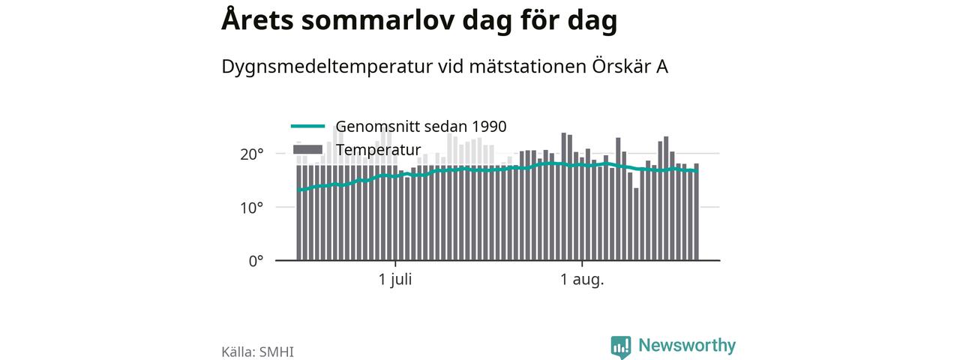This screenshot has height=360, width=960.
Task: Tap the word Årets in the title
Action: pyautogui.click(x=257, y=19)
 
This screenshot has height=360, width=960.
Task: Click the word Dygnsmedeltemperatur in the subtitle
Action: pyautogui.click(x=326, y=67)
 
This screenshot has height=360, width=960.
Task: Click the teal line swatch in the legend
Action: pyautogui.click(x=307, y=126)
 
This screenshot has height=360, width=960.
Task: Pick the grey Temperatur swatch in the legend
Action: pyautogui.click(x=307, y=149)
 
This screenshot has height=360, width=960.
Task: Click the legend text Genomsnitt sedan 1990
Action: pyautogui.click(x=421, y=127)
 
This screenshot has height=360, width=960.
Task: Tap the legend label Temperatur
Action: pyautogui.click(x=379, y=149)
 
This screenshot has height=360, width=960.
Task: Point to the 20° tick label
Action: pyautogui.click(x=251, y=154)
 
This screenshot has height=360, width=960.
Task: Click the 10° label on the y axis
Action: pyautogui.click(x=251, y=208)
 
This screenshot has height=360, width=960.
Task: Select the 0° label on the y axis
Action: pyautogui.click(x=256, y=261)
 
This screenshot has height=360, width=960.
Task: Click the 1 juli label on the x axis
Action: pyautogui.click(x=395, y=280)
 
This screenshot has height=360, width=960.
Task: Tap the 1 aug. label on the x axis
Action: pyautogui.click(x=582, y=280)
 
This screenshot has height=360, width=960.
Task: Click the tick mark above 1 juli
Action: pyautogui.click(x=395, y=263)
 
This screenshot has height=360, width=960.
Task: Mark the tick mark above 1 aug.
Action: pyautogui.click(x=582, y=263)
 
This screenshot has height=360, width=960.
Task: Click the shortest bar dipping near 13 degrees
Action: pyautogui.click(x=636, y=224)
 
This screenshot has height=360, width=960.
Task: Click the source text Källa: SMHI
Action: pyautogui.click(x=257, y=352)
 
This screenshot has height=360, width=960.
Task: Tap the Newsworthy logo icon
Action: pyautogui.click(x=621, y=347)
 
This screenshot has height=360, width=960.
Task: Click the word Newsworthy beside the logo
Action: pyautogui.click(x=687, y=346)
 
